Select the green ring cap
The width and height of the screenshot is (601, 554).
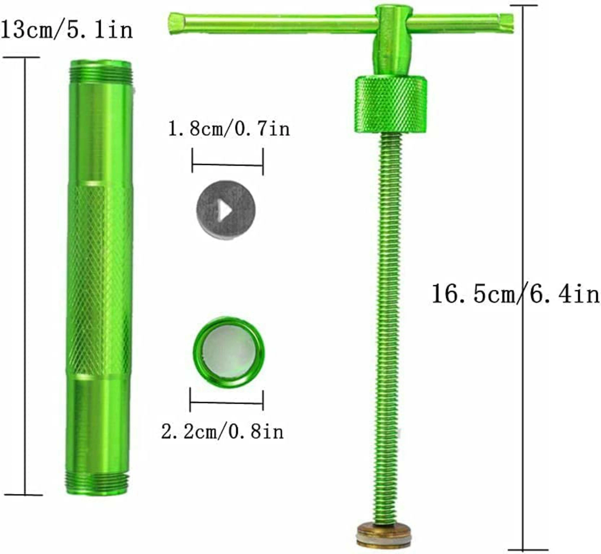point(229,352)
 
